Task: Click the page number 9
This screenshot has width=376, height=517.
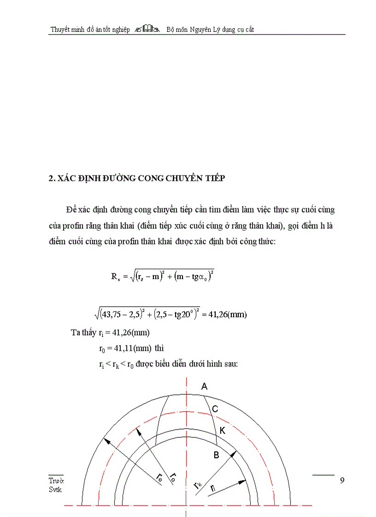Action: click(x=342, y=481)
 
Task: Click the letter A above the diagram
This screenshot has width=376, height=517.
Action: click(x=205, y=387)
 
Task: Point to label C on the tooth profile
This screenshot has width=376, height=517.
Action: click(x=215, y=409)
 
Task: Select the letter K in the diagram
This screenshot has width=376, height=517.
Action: click(x=223, y=430)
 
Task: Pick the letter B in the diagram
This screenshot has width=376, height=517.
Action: click(x=215, y=455)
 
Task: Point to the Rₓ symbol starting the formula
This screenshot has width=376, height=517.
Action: click(x=116, y=277)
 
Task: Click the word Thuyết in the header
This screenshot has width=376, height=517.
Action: click(x=60, y=29)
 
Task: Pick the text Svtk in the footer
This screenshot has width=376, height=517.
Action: click(x=55, y=489)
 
